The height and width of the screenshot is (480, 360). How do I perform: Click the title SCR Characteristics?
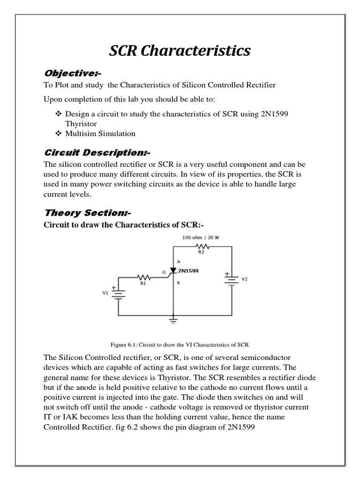tap(180, 51)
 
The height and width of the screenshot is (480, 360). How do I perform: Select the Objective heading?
tap(73, 73)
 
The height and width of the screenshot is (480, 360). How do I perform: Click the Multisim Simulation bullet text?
tap(100, 134)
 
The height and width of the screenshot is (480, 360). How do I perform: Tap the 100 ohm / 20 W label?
tap(201, 238)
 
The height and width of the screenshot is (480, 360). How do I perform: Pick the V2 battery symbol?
tap(232, 279)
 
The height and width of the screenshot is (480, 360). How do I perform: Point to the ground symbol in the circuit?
tap(174, 321)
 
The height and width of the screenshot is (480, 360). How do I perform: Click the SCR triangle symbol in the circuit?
tap(173, 271)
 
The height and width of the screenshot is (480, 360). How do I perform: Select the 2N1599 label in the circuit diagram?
tap(188, 270)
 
